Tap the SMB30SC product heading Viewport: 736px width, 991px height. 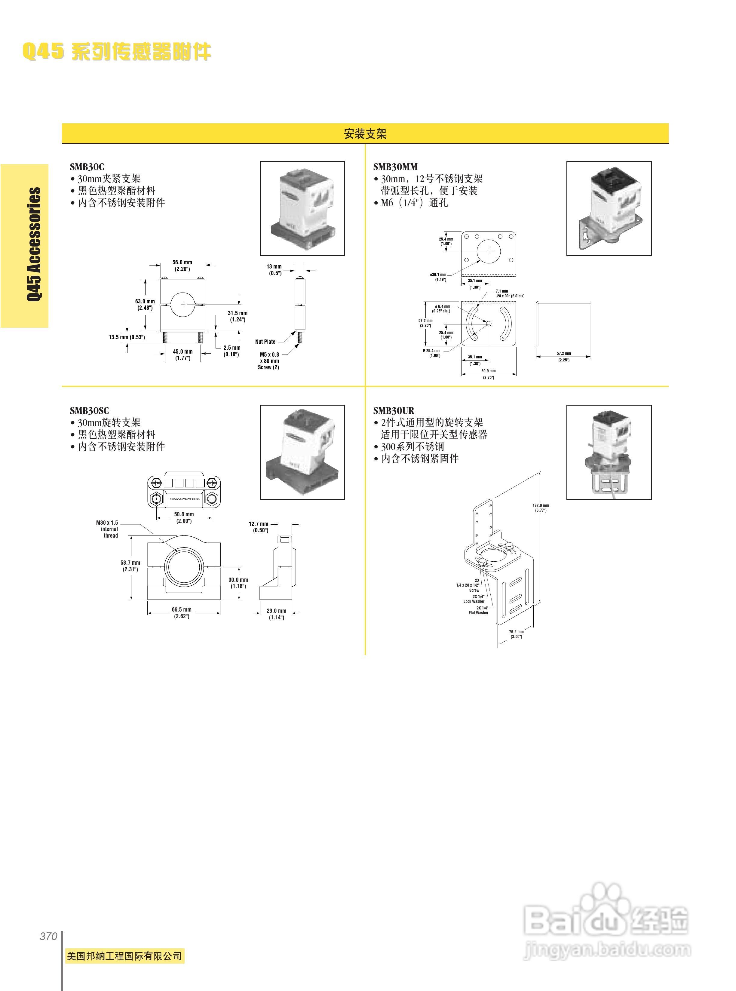tap(89, 411)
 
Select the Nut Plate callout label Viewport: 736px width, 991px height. tap(265, 342)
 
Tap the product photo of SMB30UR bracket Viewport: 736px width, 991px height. tap(609, 452)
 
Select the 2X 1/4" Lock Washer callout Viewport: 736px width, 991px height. tap(474, 598)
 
